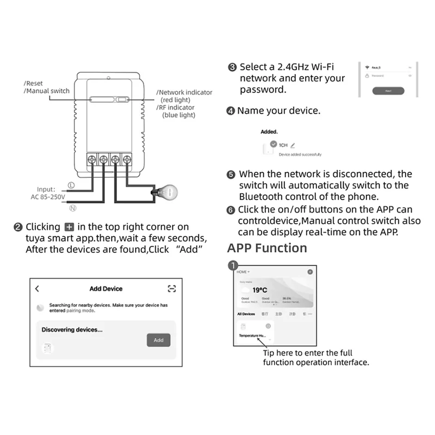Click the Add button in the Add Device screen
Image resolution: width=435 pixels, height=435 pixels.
(158, 340)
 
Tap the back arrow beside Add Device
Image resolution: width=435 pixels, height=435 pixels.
(37, 289)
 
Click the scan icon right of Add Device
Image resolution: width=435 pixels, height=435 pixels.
(172, 289)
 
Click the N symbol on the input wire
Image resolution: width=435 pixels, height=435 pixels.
(72, 207)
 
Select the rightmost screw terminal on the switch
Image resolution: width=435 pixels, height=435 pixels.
(127, 160)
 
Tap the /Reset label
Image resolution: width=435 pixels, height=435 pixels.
(34, 83)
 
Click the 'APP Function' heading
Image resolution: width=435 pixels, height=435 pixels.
(267, 248)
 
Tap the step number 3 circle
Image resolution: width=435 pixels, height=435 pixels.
(232, 67)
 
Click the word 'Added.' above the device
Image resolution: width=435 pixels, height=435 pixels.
(269, 132)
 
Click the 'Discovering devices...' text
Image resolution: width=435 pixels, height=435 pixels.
(72, 330)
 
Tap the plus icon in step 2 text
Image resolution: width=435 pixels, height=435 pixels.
(69, 227)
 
